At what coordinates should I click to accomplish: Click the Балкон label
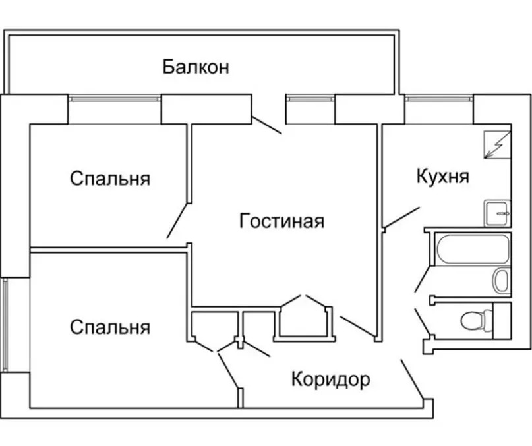pyautogui.click(x=196, y=67)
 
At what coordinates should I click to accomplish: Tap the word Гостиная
pyautogui.click(x=281, y=221)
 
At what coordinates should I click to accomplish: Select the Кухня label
pyautogui.click(x=443, y=177)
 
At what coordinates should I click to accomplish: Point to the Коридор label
pyautogui.click(x=330, y=380)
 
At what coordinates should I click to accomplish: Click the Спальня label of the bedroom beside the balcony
pyautogui.click(x=110, y=179)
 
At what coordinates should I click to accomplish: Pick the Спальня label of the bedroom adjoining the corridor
pyautogui.click(x=110, y=327)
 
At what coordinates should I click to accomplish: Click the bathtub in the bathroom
pyautogui.click(x=473, y=249)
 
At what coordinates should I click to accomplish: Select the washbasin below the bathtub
pyautogui.click(x=501, y=281)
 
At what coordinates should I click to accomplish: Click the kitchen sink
pyautogui.click(x=498, y=213)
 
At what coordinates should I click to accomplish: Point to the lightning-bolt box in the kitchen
pyautogui.click(x=497, y=145)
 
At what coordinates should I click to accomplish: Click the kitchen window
pyautogui.click(x=439, y=99)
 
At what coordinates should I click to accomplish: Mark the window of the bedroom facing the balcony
pyautogui.click(x=115, y=99)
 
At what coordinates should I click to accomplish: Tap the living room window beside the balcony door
pyautogui.click(x=310, y=99)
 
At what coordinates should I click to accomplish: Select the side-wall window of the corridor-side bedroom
pyautogui.click(x=5, y=325)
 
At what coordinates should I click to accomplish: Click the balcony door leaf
pyautogui.click(x=267, y=125)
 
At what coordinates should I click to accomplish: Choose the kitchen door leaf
pyautogui.click(x=402, y=217)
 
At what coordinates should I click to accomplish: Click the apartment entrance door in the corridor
pyautogui.click(x=412, y=379)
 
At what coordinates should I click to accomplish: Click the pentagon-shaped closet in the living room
pyautogui.click(x=304, y=319)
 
